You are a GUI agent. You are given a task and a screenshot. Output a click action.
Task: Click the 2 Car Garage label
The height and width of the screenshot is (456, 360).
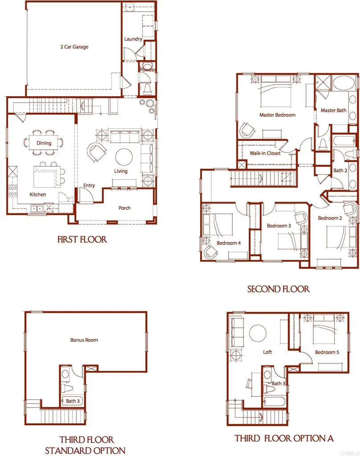click(x=74, y=47)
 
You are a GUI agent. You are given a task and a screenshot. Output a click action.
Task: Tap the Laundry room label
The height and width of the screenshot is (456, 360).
click(x=133, y=39)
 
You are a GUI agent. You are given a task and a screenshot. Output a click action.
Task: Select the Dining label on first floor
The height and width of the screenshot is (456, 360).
click(x=44, y=143)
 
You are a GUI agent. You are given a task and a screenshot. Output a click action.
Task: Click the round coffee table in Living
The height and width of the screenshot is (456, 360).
click(x=124, y=157)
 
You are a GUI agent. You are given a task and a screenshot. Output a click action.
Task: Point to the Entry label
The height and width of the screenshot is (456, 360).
click(x=89, y=186)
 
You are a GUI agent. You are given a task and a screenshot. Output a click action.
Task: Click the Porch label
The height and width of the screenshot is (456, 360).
click(x=125, y=208)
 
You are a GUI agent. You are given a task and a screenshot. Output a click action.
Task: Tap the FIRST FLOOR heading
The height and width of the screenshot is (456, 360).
click(x=82, y=240)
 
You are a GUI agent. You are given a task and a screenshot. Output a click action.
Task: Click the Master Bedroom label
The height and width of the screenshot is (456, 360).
click(x=277, y=115)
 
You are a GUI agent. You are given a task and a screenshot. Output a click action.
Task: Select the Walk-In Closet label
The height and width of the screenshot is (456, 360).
click(x=265, y=153)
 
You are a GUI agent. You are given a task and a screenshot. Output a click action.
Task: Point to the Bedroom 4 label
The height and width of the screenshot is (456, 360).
click(x=229, y=243)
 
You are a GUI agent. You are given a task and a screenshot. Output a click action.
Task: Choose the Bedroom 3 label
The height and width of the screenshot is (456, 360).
click(x=279, y=226)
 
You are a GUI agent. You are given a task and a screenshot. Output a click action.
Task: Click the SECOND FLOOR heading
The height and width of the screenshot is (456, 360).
click(x=278, y=289)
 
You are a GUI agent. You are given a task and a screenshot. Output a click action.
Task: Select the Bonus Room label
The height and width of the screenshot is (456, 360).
click(x=84, y=340)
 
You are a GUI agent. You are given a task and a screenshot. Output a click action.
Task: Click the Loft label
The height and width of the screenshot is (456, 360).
click(x=267, y=352)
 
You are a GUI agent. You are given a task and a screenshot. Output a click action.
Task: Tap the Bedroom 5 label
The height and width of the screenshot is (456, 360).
click(x=327, y=352)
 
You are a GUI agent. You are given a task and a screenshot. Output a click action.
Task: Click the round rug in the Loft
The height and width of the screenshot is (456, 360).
click(x=257, y=333)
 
